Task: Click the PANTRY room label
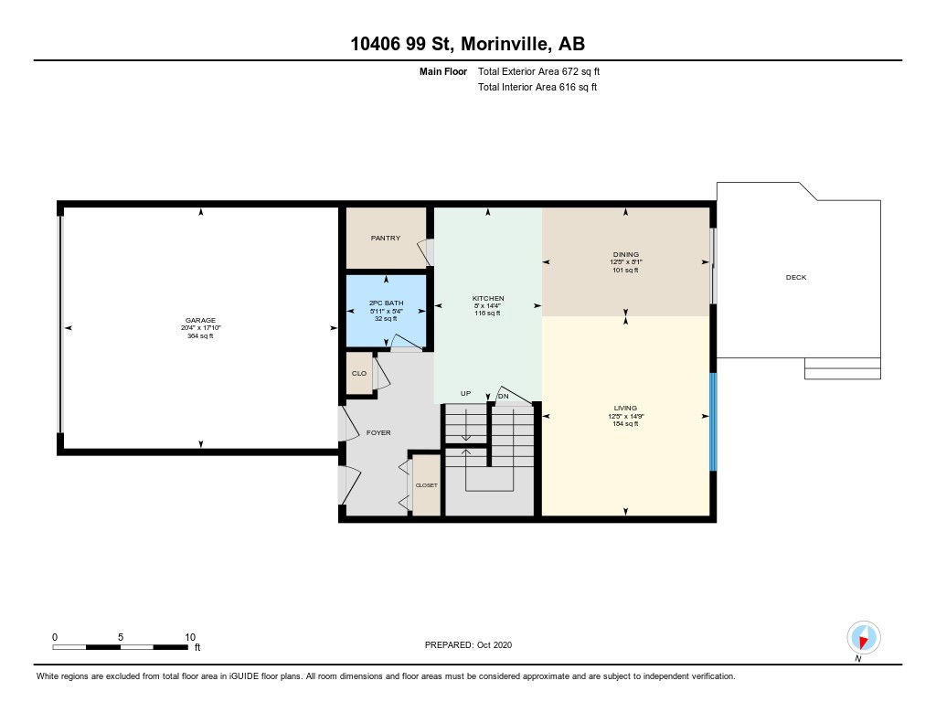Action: pos(385,239)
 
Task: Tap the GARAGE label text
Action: pos(200,321)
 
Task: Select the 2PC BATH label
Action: pos(387,303)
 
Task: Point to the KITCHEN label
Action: pos(488,299)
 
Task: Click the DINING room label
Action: pos(625,254)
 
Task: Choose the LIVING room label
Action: pos(625,409)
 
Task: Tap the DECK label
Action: pos(796,278)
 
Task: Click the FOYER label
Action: pos(378,433)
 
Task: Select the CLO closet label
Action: pos(358,374)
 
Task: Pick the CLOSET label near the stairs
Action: pos(426,485)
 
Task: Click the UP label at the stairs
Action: pos(465,394)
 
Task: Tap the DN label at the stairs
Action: pos(504,397)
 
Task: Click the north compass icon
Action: pos(863,638)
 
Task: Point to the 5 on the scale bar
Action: pos(121,637)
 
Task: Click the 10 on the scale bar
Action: pos(190,637)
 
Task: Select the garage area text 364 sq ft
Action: pos(200,336)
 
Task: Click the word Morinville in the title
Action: pos(505,44)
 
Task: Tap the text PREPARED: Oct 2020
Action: pos(468,644)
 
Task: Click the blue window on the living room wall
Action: pos(713,421)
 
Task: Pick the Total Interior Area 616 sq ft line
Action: pos(537,87)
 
